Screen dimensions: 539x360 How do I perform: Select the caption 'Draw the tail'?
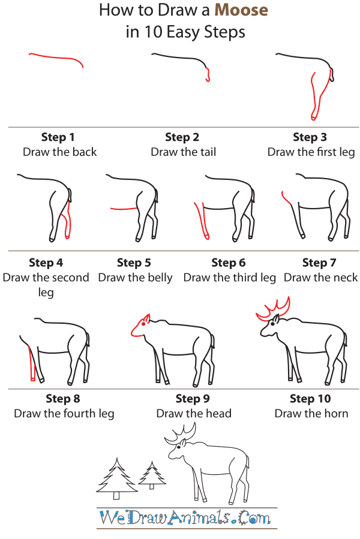(183, 152)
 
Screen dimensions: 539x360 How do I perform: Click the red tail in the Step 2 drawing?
(208, 75)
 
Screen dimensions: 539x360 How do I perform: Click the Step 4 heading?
(46, 263)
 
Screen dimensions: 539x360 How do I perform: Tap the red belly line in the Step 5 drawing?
(124, 209)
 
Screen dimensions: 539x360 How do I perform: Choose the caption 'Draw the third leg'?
(229, 278)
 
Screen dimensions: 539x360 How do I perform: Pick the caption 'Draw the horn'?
(311, 413)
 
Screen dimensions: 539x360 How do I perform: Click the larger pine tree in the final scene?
(118, 477)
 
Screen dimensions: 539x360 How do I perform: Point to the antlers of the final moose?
(183, 433)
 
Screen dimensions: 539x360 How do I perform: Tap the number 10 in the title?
(151, 32)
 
